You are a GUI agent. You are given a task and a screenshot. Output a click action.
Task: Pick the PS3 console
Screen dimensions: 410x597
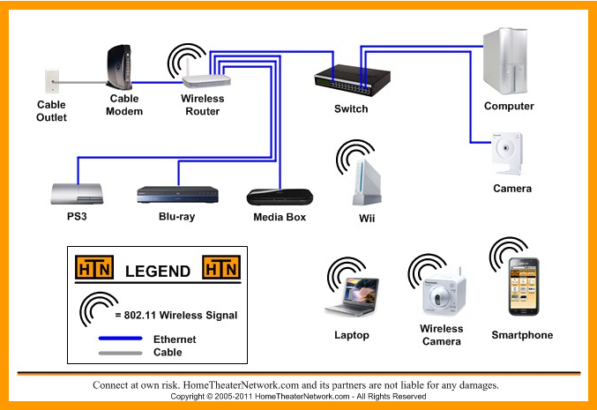(77, 194)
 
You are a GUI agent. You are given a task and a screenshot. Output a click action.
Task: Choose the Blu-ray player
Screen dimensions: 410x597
(176, 195)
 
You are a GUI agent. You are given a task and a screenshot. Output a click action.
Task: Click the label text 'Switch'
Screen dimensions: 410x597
(351, 109)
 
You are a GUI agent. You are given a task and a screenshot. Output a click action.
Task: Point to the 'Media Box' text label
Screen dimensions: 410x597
(280, 217)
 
